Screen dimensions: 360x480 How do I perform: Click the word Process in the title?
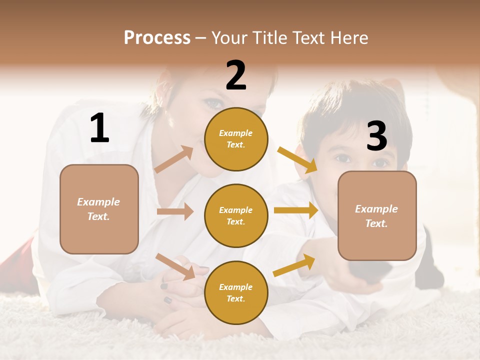pyautogui.click(x=157, y=37)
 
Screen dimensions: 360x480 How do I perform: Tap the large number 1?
pyautogui.click(x=99, y=128)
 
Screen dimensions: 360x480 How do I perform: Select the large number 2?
pyautogui.click(x=236, y=75)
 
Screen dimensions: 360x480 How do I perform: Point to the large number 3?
pyautogui.click(x=377, y=136)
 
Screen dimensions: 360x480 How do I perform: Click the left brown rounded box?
pyautogui.click(x=99, y=209)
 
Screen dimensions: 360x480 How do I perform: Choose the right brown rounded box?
pyautogui.click(x=377, y=216)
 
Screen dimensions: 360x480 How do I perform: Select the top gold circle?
pyautogui.click(x=236, y=139)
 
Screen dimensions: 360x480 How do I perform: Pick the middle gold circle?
pyautogui.click(x=236, y=216)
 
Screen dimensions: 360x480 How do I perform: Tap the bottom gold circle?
pyautogui.click(x=236, y=293)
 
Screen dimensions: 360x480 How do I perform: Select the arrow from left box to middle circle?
pyautogui.click(x=175, y=211)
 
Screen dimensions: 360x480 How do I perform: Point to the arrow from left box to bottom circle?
pyautogui.click(x=175, y=266)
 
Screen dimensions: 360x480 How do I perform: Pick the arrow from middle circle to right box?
pyautogui.click(x=296, y=210)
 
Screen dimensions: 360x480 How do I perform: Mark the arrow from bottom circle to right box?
pyautogui.click(x=294, y=265)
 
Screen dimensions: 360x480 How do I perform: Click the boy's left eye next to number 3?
pyautogui.click(x=343, y=158)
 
